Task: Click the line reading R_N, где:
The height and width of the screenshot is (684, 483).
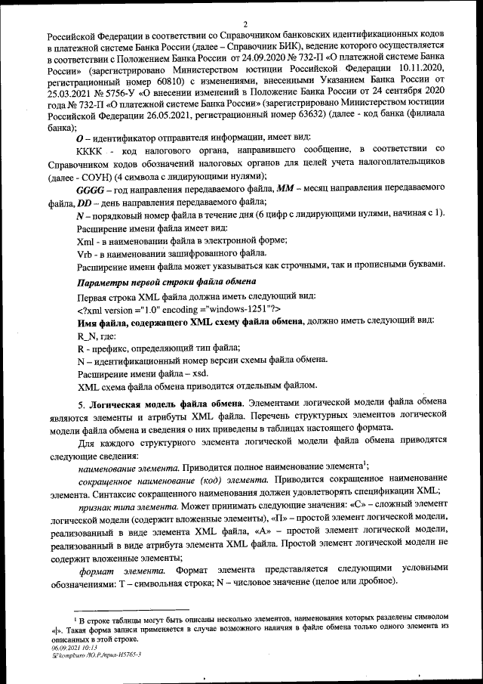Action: point(100,334)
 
